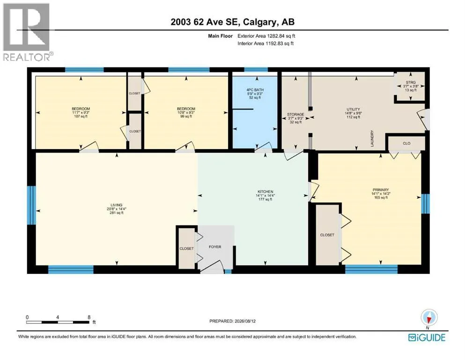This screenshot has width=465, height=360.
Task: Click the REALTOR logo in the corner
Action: [27, 31]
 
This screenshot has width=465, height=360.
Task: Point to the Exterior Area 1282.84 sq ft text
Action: [266, 36]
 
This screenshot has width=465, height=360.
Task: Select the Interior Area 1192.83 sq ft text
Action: [266, 43]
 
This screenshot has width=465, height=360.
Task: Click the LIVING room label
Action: [117, 205]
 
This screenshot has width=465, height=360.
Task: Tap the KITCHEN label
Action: [266, 192]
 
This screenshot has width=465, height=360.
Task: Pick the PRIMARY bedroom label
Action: [381, 190]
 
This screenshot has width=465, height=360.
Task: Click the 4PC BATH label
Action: [255, 90]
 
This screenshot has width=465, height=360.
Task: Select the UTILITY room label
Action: [353, 109]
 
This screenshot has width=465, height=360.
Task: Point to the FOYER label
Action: [215, 247]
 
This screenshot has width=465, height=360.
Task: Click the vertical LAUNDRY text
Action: [372, 138]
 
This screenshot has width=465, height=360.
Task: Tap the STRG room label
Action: [411, 82]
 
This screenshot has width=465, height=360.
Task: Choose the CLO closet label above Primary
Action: [406, 143]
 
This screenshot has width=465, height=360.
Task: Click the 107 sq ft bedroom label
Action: [81, 116]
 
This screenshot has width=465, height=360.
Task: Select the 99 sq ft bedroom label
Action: [186, 116]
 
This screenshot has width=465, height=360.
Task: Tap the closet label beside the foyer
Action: [186, 248]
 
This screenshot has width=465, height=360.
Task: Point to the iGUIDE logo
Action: [427, 338]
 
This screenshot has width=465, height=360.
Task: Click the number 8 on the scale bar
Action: [89, 317]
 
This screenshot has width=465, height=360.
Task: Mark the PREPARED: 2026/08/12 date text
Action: [232, 321]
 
